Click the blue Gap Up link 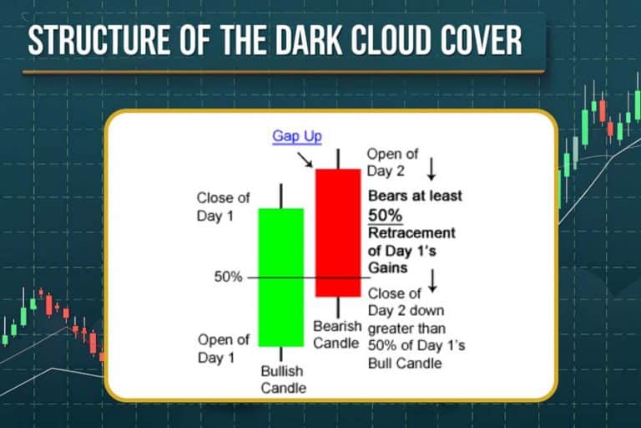296,136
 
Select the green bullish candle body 280,277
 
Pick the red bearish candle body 337,232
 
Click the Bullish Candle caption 282,380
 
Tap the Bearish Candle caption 336,334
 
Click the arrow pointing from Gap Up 305,157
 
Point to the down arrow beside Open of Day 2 432,170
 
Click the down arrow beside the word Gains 432,281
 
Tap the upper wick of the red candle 337,158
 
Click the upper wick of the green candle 281,196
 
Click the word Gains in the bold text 387,267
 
